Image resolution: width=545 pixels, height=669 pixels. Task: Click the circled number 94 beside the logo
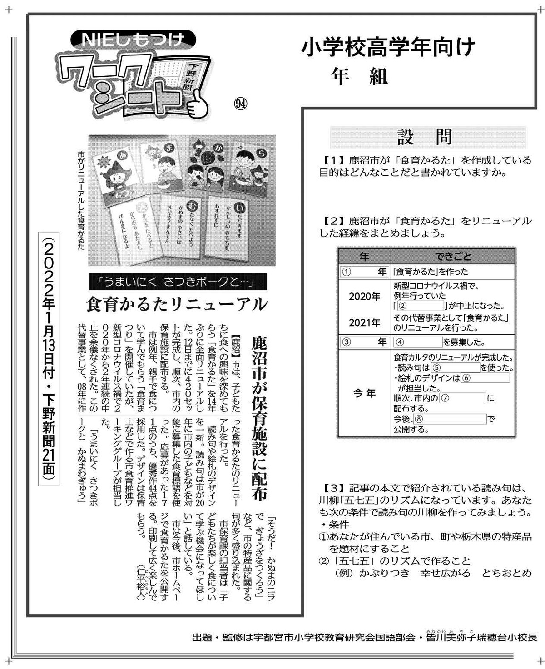[241, 104]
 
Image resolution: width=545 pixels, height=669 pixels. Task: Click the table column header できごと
[452, 257]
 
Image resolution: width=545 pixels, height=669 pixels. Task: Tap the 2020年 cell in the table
[364, 297]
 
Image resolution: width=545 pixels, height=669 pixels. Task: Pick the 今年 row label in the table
[364, 393]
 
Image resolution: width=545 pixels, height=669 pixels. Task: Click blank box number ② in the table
[421, 306]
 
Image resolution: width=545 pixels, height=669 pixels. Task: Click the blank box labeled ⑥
[485, 378]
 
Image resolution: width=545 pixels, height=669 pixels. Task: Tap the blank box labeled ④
[419, 342]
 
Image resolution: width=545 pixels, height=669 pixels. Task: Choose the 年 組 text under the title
[359, 77]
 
